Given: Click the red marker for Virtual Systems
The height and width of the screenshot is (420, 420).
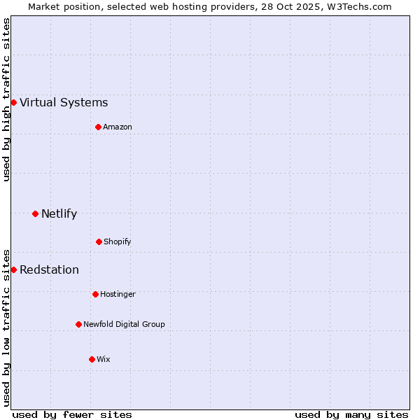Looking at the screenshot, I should [x=13, y=103].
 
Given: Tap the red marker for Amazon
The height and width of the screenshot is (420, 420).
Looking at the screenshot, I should [x=98, y=127].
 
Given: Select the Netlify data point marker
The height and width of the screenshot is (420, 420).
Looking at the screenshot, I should [x=35, y=213].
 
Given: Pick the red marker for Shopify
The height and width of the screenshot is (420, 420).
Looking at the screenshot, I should [x=99, y=241].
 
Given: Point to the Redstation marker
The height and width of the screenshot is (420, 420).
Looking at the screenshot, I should [x=13, y=269].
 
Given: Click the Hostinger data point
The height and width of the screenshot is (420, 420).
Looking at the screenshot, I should [x=95, y=294].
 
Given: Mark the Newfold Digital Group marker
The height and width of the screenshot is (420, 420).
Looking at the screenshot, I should [x=78, y=324].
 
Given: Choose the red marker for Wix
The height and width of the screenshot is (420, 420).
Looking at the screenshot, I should [x=92, y=359].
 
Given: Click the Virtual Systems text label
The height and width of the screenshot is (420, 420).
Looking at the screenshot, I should [x=64, y=103].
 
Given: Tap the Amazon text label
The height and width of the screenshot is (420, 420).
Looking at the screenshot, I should [x=118, y=127].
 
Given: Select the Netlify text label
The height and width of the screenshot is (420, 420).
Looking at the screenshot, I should [x=59, y=213].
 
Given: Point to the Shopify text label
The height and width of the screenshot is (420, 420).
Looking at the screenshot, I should [x=118, y=241].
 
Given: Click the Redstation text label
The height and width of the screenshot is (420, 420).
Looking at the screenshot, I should [x=49, y=269].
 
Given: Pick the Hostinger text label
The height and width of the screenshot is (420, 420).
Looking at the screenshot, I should [x=118, y=294].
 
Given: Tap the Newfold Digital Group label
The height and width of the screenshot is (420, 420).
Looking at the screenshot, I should [x=124, y=324].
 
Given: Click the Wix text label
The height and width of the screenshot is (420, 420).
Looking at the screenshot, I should [x=104, y=359].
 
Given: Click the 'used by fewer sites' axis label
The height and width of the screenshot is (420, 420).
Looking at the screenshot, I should [x=72, y=414].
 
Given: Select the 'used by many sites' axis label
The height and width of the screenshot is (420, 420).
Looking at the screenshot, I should [x=351, y=414].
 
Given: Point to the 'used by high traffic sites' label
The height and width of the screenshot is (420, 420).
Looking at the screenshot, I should [x=6, y=99].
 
